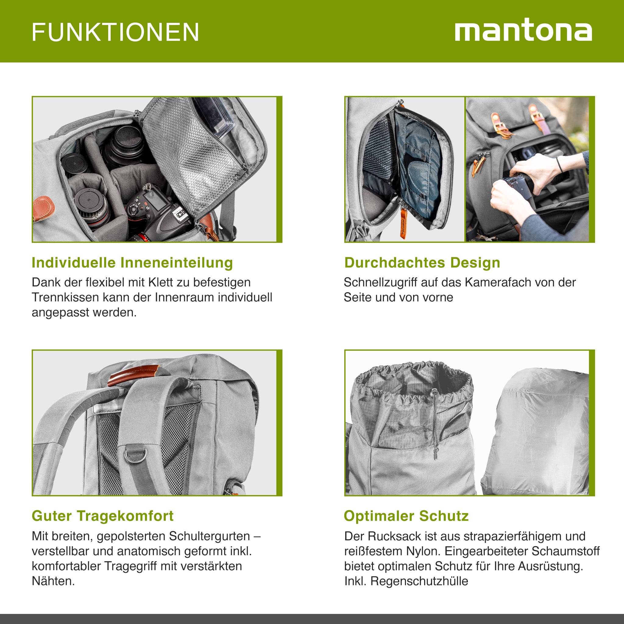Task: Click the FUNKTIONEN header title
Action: [x=115, y=32]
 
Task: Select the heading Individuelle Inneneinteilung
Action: [x=132, y=263]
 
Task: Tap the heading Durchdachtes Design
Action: [x=422, y=263]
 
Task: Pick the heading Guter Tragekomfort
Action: [x=102, y=516]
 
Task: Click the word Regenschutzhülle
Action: [x=419, y=581]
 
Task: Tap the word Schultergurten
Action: [x=209, y=536]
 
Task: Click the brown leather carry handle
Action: [x=133, y=375]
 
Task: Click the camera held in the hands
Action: [x=517, y=186]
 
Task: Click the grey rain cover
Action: [x=538, y=433]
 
